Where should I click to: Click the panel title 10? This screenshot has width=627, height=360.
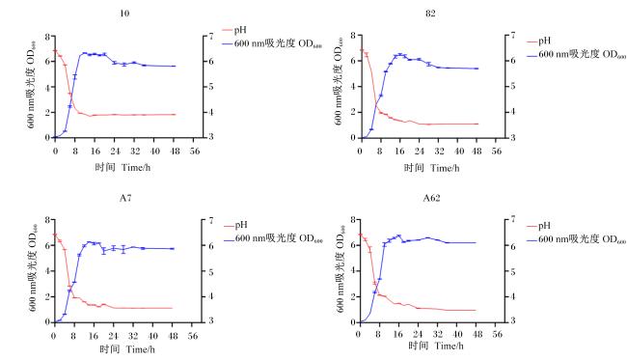[124, 14]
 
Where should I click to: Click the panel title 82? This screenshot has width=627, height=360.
[430, 14]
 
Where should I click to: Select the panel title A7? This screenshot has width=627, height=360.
[125, 198]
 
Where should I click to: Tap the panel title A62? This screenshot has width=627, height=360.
[431, 198]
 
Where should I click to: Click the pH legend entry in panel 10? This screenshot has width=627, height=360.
[234, 30]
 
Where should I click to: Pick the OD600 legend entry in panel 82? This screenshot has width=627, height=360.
[577, 54]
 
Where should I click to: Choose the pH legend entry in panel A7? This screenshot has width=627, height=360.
[235, 225]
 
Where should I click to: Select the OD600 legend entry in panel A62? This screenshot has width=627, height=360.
[576, 239]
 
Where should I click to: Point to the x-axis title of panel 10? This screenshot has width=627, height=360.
[123, 167]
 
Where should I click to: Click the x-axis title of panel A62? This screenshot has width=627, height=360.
[436, 346]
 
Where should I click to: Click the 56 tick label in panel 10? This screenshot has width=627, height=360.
[194, 152]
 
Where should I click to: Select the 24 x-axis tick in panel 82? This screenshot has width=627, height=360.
[419, 152]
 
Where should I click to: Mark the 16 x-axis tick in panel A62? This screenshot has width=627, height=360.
[397, 334]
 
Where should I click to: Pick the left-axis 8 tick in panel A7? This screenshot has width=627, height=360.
[47, 220]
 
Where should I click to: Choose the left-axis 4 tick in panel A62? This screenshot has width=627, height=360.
[353, 271]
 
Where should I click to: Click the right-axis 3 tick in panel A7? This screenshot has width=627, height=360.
[210, 321]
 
